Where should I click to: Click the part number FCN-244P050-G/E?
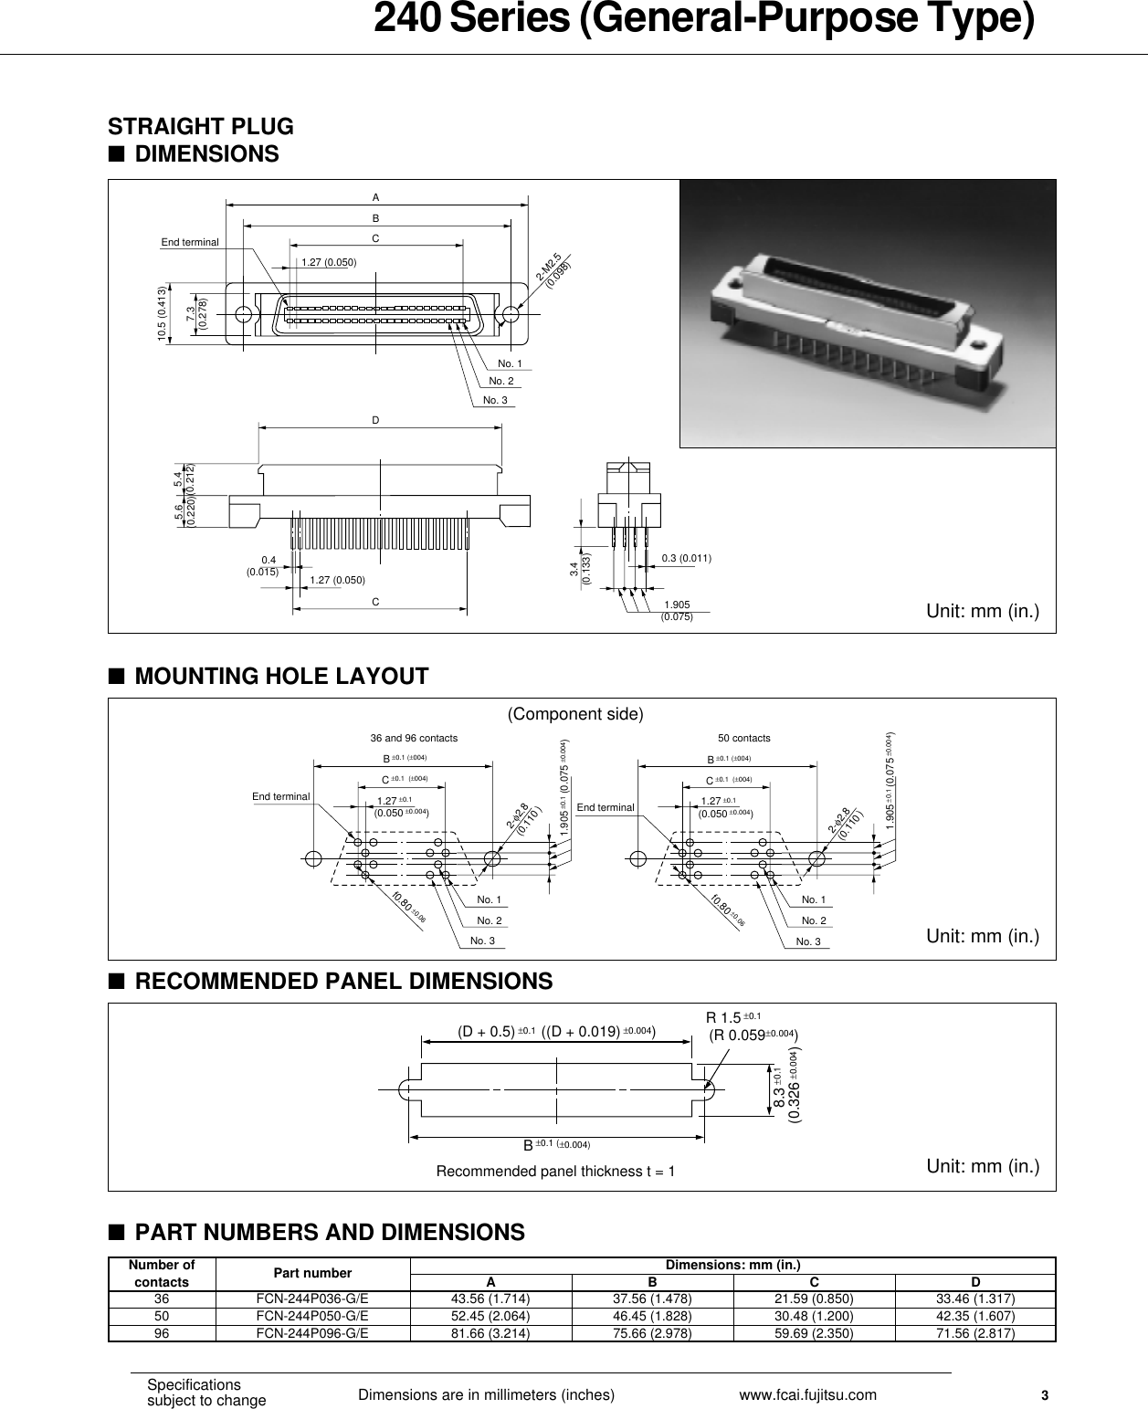(x=312, y=1316)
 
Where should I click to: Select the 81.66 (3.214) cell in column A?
(x=491, y=1332)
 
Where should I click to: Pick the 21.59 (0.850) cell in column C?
(x=813, y=1299)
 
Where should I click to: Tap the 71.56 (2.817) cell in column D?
(x=974, y=1332)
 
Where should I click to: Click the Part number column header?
(x=312, y=1273)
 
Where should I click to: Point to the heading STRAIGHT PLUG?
(x=201, y=126)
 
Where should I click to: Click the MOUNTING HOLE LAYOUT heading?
(x=281, y=677)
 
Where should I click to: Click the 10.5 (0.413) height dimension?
(x=163, y=313)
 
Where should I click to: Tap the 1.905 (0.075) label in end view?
(x=676, y=610)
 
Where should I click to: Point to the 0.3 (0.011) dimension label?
(x=686, y=558)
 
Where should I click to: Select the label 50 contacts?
(x=743, y=738)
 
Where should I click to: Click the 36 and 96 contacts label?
(x=414, y=738)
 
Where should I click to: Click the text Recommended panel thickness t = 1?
(x=555, y=1172)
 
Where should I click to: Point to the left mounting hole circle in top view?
(x=243, y=315)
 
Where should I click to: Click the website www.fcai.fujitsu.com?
(x=806, y=1394)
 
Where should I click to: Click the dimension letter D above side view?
(x=375, y=420)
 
